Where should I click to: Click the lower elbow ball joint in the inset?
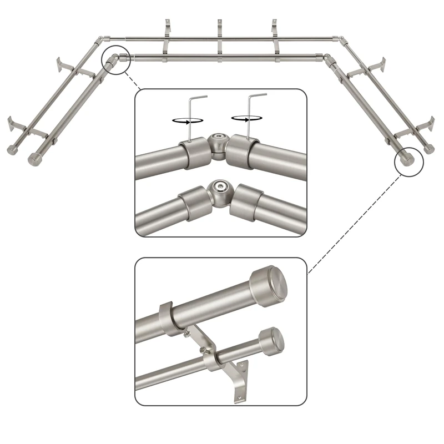pos(220,189)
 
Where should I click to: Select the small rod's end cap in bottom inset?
pos(272,339)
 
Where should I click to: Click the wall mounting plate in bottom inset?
pos(241,380)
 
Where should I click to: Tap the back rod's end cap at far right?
pos(428,148)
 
